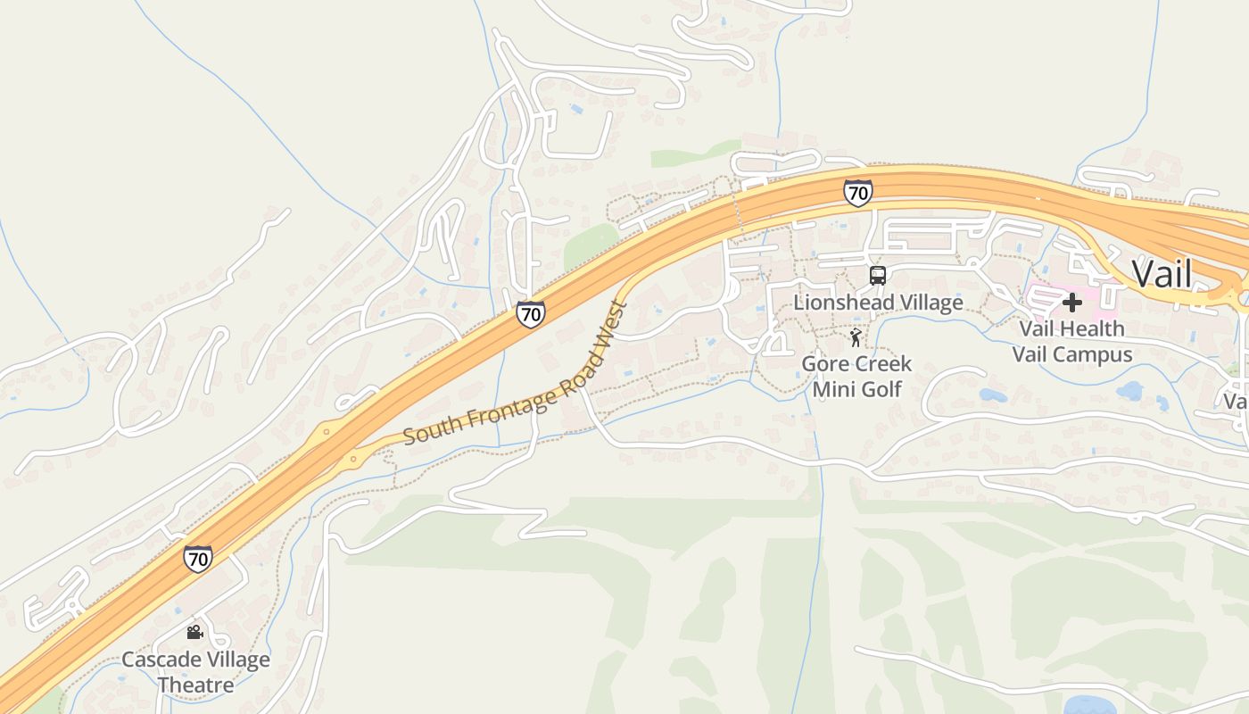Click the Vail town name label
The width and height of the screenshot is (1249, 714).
(1162, 273)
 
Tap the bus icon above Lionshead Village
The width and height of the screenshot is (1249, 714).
(878, 276)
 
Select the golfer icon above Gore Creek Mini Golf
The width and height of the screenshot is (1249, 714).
(856, 337)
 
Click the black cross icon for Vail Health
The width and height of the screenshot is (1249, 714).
(1071, 303)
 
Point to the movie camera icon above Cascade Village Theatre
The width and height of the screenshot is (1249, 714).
(194, 633)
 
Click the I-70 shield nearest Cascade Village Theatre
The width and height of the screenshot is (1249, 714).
(198, 559)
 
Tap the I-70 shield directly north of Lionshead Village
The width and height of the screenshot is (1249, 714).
(857, 192)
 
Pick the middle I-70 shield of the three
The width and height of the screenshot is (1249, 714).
(530, 313)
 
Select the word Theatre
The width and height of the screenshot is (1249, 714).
(195, 685)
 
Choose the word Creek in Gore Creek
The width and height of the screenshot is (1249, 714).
(882, 363)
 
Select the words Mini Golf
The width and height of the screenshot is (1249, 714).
(856, 389)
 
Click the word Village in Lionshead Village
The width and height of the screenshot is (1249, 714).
(930, 303)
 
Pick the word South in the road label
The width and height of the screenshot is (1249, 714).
(425, 433)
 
